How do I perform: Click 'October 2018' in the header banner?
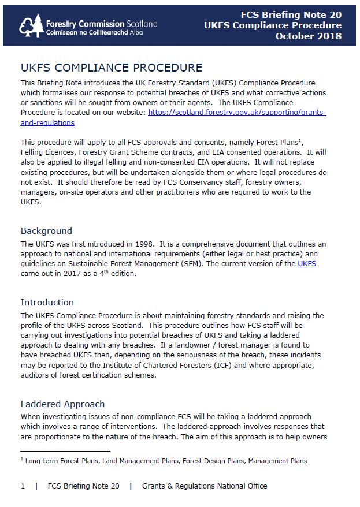(308, 36)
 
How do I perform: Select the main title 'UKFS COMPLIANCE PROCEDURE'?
(112, 68)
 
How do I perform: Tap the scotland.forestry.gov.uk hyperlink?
(237, 113)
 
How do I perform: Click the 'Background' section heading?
(46, 230)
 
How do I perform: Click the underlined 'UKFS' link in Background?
(307, 264)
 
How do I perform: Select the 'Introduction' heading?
(47, 302)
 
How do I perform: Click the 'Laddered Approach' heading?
(62, 404)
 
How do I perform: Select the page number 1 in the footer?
(23, 486)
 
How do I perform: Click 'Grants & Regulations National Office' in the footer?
(205, 486)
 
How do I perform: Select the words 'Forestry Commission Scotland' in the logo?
(101, 24)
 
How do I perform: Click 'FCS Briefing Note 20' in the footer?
(84, 486)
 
